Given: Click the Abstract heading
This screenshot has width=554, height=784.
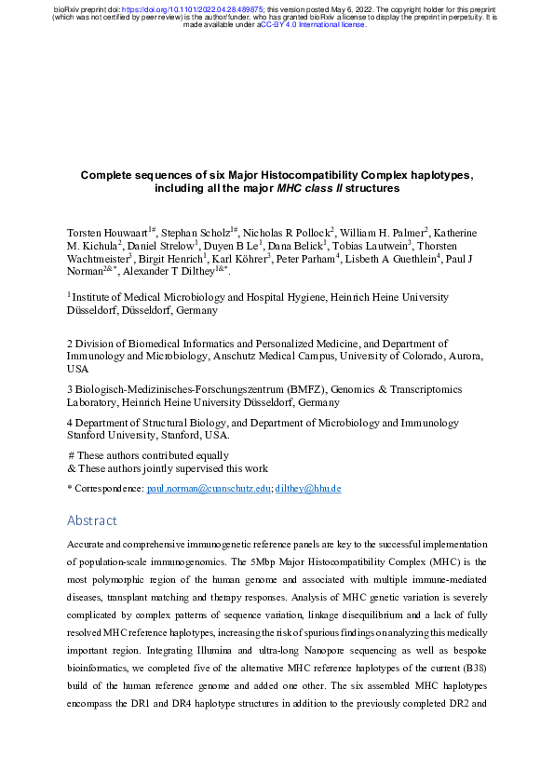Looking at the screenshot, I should pyautogui.click(x=92, y=520).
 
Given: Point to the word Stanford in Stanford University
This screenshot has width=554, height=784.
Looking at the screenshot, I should pyautogui.click(x=87, y=435).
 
